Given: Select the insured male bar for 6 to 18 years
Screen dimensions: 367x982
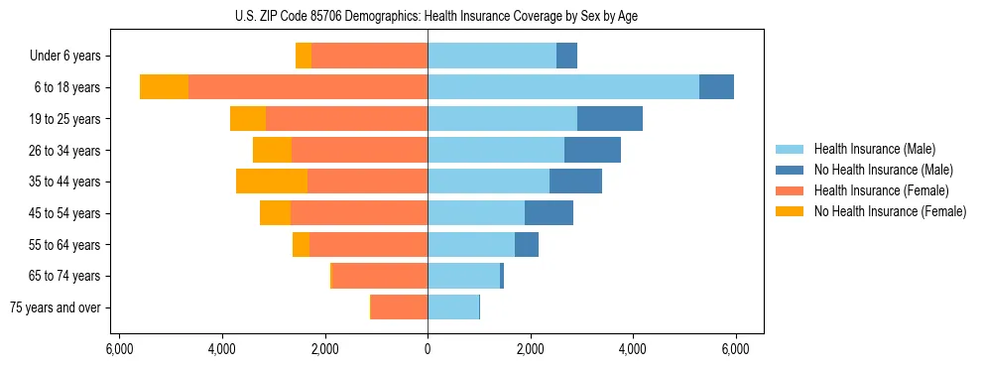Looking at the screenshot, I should click(x=562, y=87).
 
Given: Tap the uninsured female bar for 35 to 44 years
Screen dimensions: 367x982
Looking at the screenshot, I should click(x=272, y=182).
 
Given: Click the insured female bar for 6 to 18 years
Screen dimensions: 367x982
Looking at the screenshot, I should click(x=307, y=87).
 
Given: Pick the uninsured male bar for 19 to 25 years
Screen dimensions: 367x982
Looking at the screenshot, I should click(x=609, y=119).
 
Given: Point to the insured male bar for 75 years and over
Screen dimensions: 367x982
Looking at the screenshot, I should click(x=453, y=307).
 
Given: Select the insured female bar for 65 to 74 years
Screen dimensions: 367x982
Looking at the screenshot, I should click(x=380, y=276).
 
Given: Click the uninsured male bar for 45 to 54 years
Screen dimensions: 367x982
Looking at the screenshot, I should click(x=549, y=213).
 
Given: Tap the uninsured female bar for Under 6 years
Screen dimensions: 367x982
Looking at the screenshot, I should click(x=304, y=57).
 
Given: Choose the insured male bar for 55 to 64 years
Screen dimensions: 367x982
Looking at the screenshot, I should click(x=471, y=245).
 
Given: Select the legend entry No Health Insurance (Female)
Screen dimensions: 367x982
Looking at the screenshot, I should click(x=890, y=211).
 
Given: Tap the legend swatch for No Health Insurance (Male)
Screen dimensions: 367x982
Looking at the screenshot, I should click(x=790, y=170).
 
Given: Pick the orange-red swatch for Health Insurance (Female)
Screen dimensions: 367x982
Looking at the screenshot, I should click(x=790, y=190).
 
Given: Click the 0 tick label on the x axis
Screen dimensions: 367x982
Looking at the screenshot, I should click(x=428, y=349).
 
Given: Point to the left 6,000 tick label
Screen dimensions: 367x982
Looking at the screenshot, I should click(x=119, y=349).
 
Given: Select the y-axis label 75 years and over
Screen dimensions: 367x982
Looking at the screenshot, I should click(x=55, y=307).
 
